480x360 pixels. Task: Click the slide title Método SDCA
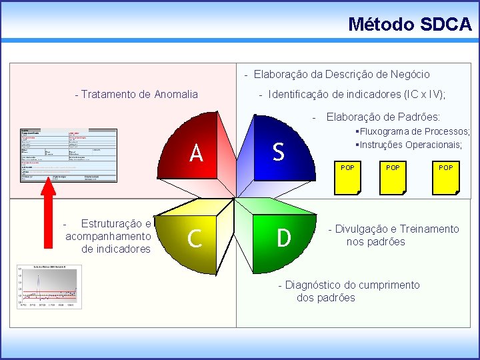tap(409, 25)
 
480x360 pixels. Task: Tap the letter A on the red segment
tap(196, 153)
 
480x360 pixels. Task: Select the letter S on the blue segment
tap(278, 152)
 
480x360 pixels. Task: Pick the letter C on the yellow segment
tap(195, 238)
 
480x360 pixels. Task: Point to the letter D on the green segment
tap(283, 237)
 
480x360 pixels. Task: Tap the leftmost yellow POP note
tap(347, 177)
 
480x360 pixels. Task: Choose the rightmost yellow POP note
tap(445, 177)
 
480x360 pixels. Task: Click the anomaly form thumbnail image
tap(68, 154)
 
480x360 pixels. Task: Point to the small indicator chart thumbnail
tap(47, 286)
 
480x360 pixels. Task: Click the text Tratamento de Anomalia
tap(136, 94)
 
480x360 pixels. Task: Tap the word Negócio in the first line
tap(409, 74)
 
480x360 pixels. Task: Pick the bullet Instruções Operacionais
tap(411, 145)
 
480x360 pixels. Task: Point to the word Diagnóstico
tap(316, 285)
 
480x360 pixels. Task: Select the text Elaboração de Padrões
tap(383, 117)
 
